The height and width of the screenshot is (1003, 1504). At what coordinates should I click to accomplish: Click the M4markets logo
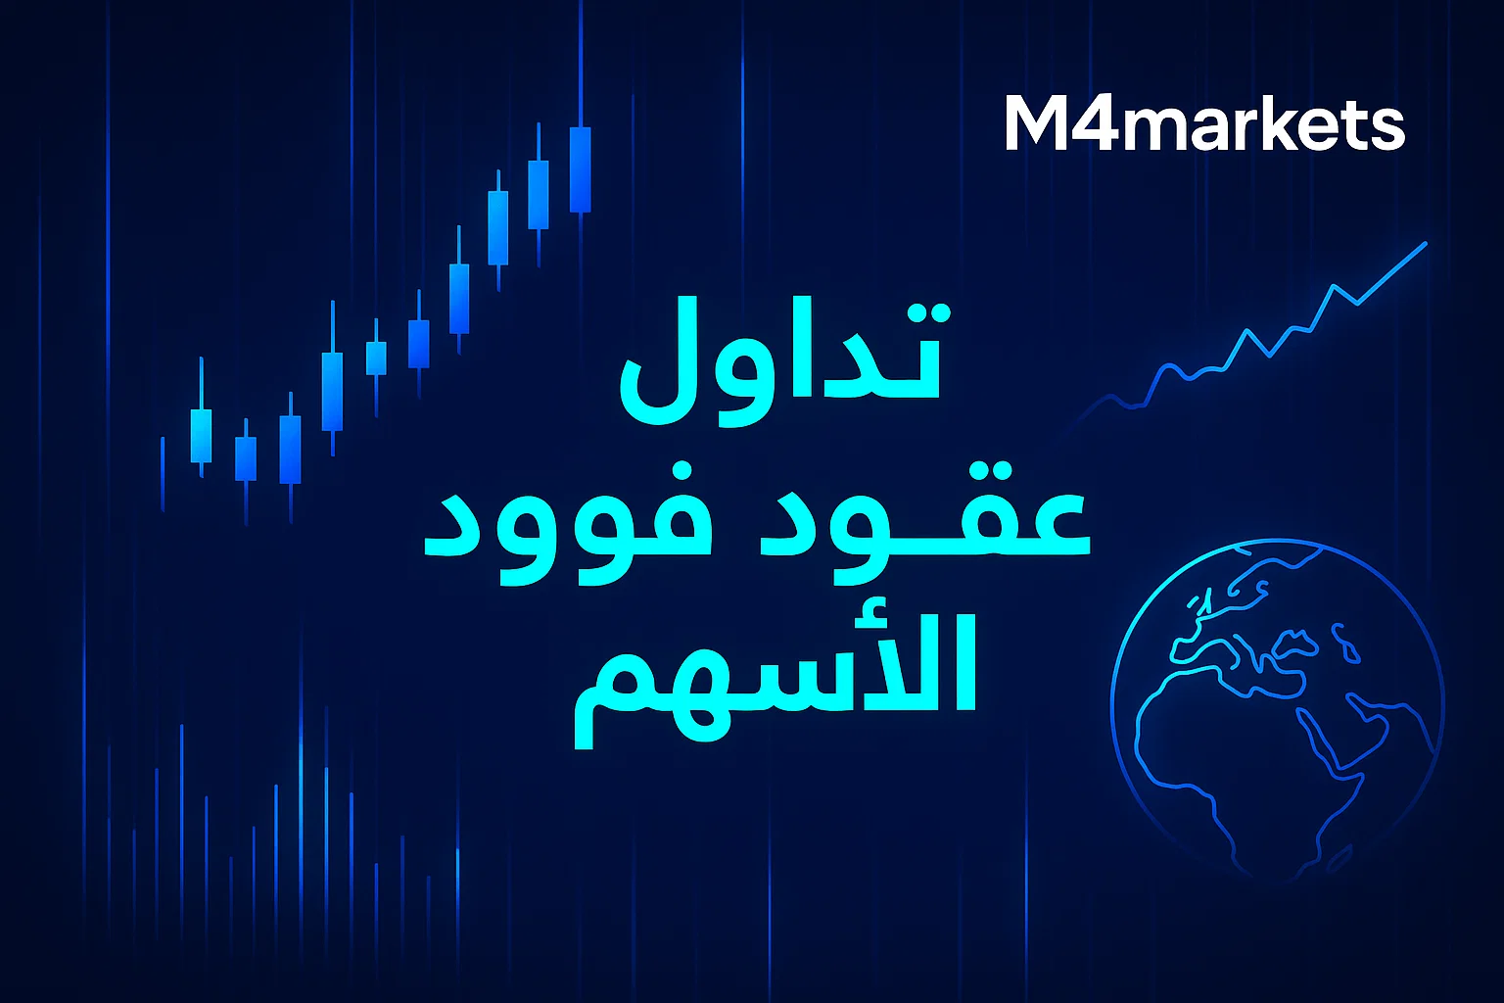click(x=1204, y=124)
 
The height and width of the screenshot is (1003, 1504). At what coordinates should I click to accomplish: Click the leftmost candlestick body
click(x=201, y=436)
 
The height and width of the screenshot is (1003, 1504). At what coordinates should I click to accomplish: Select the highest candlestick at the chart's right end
click(x=580, y=168)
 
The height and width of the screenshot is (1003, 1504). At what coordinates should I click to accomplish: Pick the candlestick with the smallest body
click(x=376, y=358)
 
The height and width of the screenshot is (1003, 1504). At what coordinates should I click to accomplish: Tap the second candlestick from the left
click(x=246, y=458)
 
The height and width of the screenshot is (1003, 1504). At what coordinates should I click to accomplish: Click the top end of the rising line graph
click(x=1425, y=243)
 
